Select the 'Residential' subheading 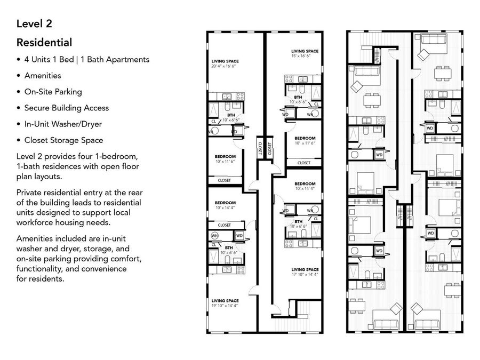44,42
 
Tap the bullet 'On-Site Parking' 53,92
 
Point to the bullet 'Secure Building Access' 66,108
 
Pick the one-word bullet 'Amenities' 43,76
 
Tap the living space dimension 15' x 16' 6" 305,56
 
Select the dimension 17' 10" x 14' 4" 305,275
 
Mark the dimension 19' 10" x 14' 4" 225,306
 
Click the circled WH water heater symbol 215,235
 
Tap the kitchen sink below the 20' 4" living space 226,97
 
